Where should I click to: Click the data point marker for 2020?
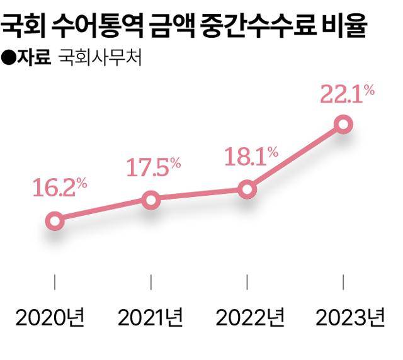pos(55,220)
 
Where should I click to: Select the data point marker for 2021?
pos(150,200)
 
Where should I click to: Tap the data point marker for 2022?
pos(247,189)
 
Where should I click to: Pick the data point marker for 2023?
pos(343,123)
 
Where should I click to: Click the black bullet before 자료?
pos(9,59)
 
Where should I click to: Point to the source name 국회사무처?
pos(100,59)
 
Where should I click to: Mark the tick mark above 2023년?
pos(343,281)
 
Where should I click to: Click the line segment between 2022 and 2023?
pos(295,156)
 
